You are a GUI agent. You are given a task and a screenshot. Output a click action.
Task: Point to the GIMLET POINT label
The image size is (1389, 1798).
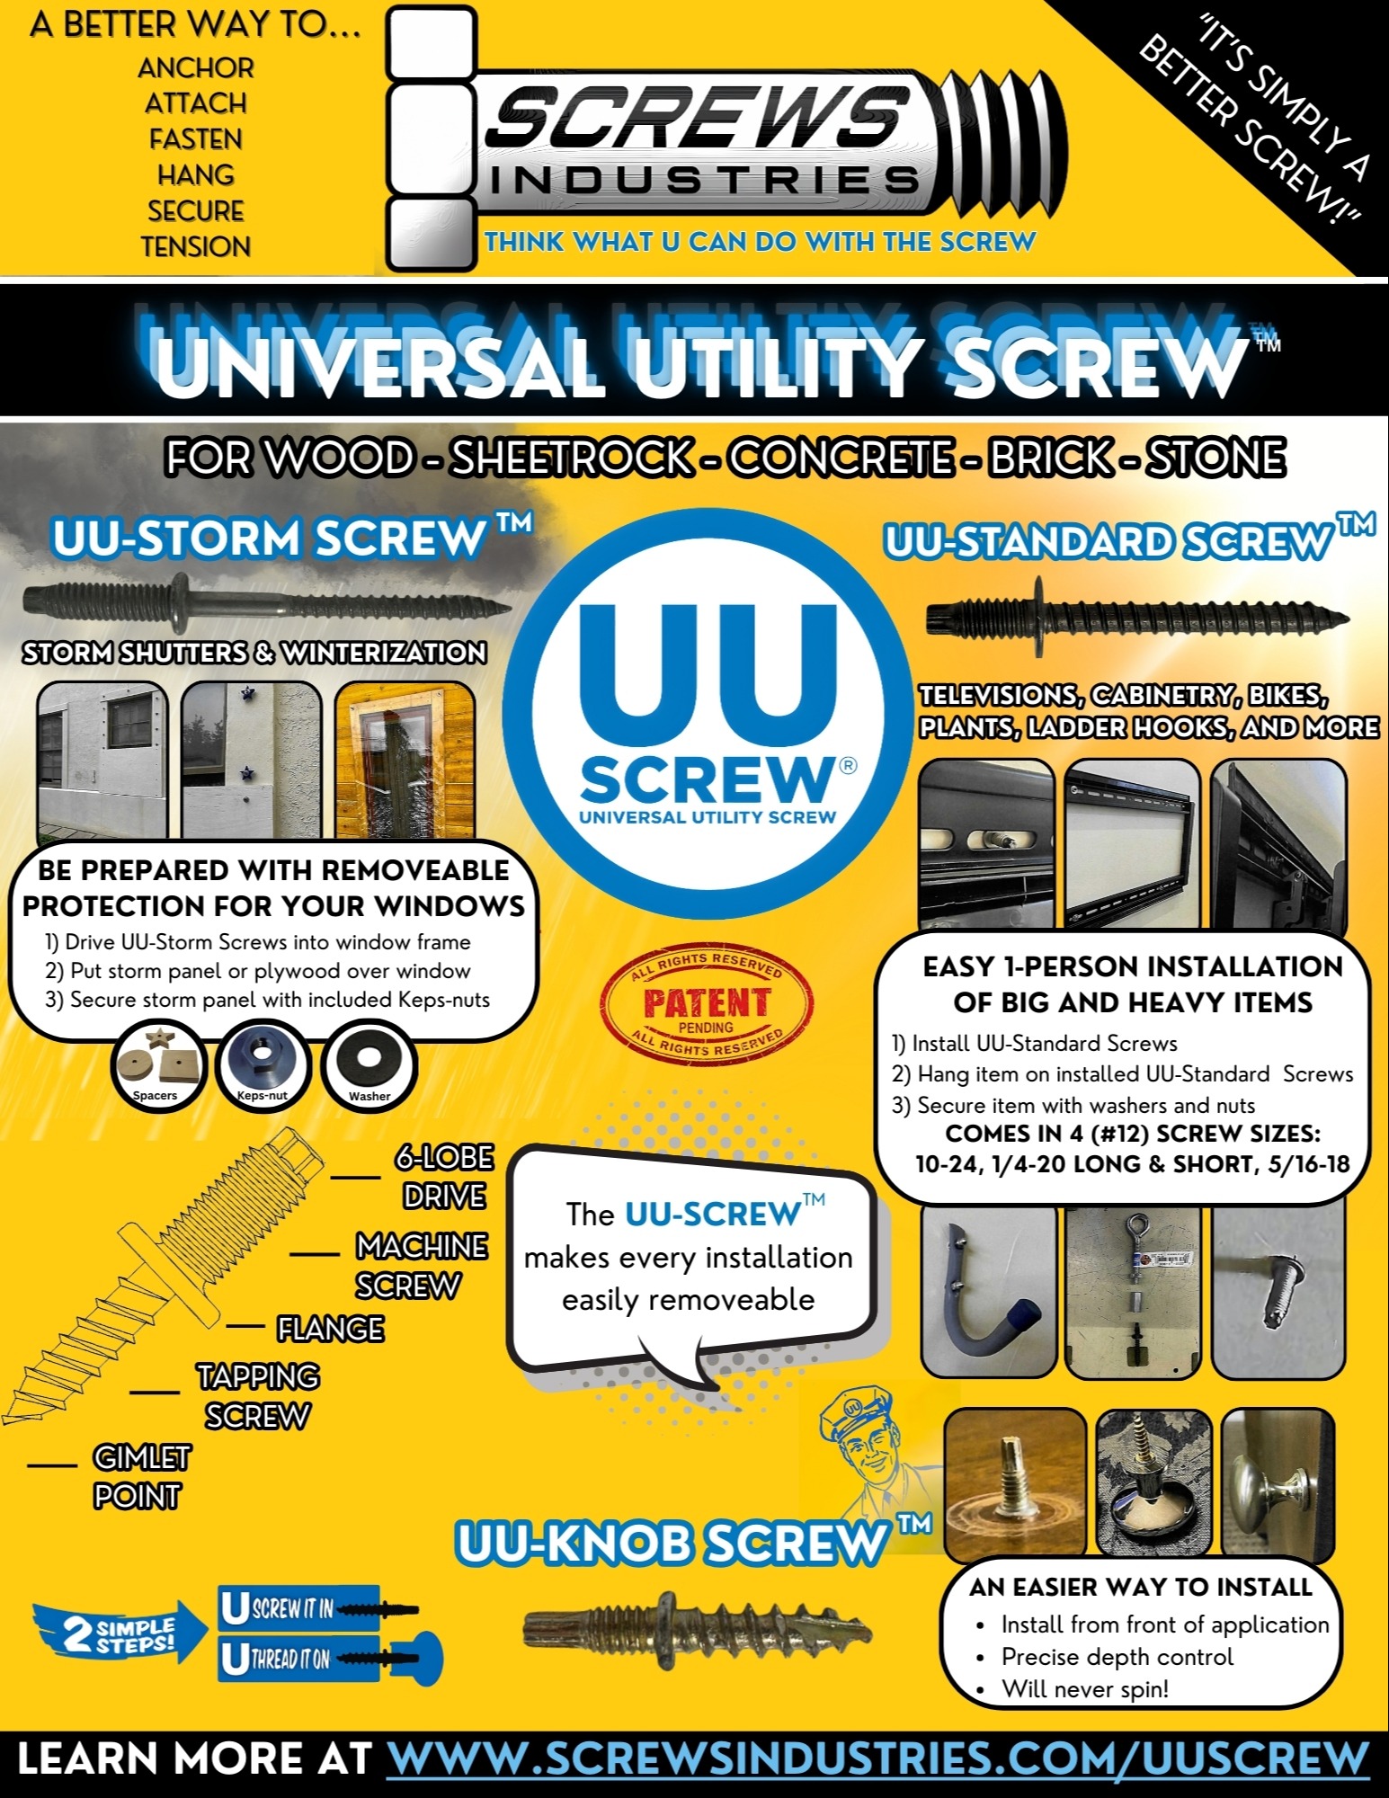tap(139, 1476)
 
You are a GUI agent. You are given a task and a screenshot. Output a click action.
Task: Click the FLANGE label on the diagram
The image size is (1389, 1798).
tap(330, 1329)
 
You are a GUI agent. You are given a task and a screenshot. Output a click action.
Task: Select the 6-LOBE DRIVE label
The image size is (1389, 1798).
tap(444, 1177)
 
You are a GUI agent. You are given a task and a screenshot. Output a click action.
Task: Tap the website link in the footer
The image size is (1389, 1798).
tap(877, 1758)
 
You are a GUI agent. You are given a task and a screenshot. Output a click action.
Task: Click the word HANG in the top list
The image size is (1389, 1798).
tap(195, 174)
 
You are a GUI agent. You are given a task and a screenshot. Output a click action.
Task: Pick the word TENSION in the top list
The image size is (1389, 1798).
tap(195, 245)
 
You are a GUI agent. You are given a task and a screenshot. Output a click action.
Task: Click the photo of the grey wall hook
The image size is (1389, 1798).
tap(988, 1291)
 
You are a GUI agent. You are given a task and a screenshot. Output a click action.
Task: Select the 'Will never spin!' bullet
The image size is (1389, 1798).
tap(1085, 1689)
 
